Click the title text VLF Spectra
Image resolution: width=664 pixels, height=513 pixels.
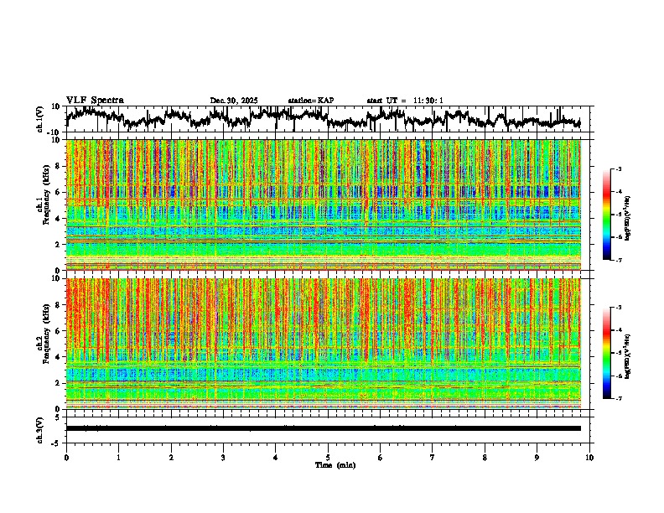pyautogui.click(x=95, y=101)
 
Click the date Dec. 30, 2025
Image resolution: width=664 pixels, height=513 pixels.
pyautogui.click(x=234, y=101)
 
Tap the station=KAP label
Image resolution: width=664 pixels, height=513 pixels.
pyautogui.click(x=310, y=101)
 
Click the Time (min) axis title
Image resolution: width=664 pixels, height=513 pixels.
pyautogui.click(x=334, y=464)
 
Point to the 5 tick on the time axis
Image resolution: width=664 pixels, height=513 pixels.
pyautogui.click(x=328, y=457)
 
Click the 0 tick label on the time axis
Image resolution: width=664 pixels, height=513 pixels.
pyautogui.click(x=66, y=457)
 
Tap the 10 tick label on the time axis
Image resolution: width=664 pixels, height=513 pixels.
pyautogui.click(x=589, y=457)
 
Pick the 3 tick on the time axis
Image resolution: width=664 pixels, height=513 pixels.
pyautogui.click(x=223, y=457)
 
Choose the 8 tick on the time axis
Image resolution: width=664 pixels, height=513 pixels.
pyautogui.click(x=485, y=457)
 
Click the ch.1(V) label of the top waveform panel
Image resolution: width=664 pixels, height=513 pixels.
pyautogui.click(x=40, y=119)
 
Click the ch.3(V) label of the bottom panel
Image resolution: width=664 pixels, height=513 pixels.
pyautogui.click(x=40, y=427)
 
